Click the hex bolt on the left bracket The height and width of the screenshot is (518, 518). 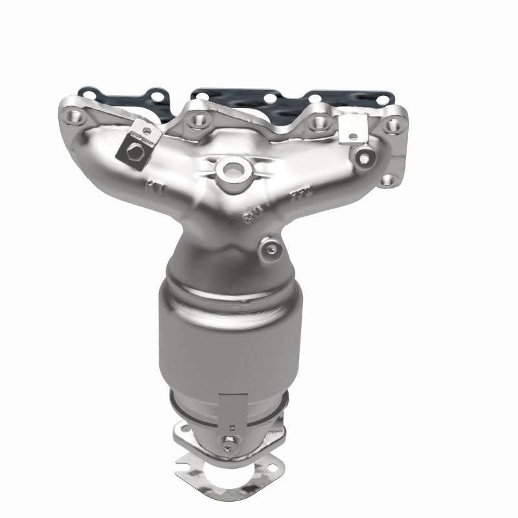click(x=133, y=153)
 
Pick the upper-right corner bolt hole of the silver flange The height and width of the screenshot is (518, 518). click(x=394, y=121)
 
